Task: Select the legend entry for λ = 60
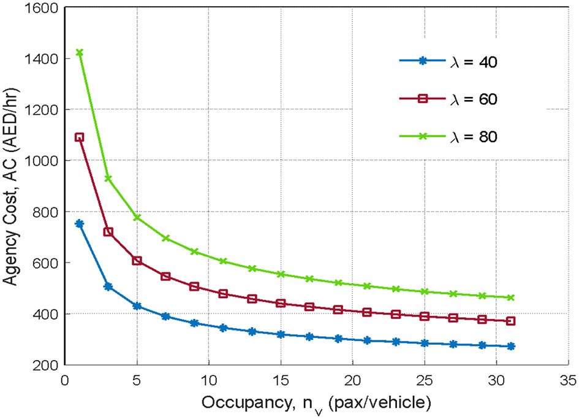[451, 99]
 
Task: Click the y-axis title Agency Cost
[13, 187]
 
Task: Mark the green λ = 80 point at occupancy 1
[79, 53]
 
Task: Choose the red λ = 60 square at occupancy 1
[79, 137]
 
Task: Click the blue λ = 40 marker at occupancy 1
[79, 224]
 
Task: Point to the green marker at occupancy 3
[108, 179]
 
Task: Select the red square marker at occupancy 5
[137, 261]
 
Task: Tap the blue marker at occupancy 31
[511, 347]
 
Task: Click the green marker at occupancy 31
[511, 298]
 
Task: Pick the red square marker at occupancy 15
[281, 303]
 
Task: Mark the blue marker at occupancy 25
[425, 343]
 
